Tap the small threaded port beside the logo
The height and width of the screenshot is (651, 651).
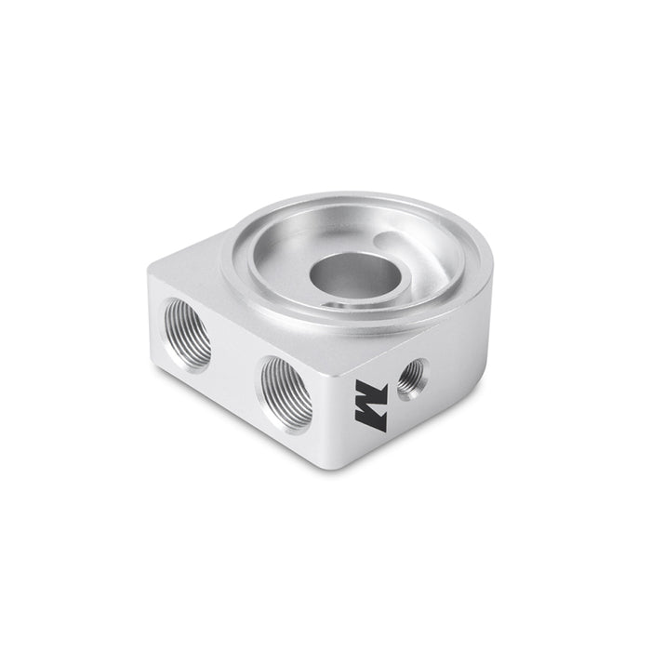tap(412, 378)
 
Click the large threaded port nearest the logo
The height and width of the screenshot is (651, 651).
tap(286, 393)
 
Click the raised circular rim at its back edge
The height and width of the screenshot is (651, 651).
tap(353, 201)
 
